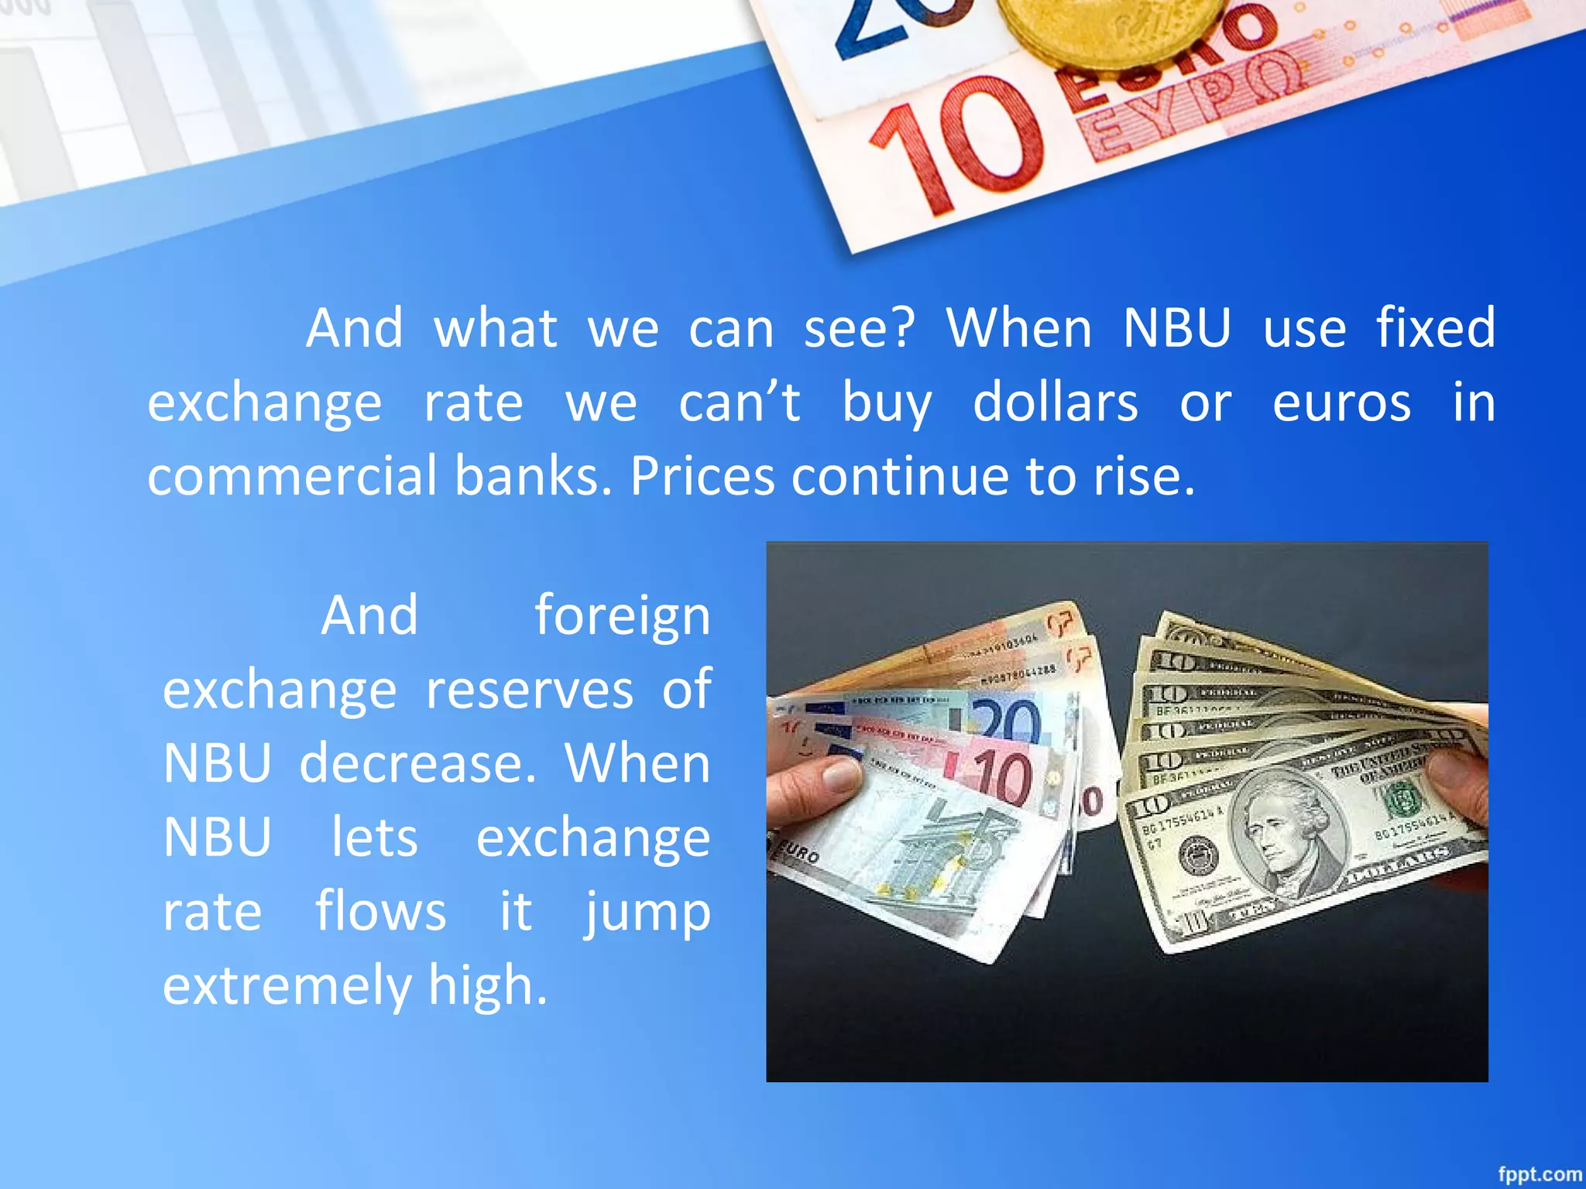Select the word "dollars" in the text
tap(1056, 403)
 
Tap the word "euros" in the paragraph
tap(1341, 403)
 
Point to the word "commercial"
tap(292, 475)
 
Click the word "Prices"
tap(702, 475)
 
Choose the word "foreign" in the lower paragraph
tap(622, 616)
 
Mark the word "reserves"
tap(530, 690)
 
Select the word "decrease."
tap(417, 763)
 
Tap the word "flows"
tap(380, 911)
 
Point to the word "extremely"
tap(287, 985)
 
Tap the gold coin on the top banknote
tap(1115, 31)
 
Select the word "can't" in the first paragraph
tap(740, 403)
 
